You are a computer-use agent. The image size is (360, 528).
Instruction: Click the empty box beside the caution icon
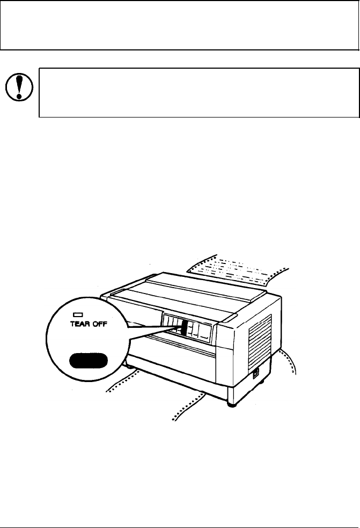point(199,92)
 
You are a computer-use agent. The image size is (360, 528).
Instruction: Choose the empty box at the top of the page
point(180,25)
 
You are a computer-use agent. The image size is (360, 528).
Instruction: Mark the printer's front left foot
point(129,366)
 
